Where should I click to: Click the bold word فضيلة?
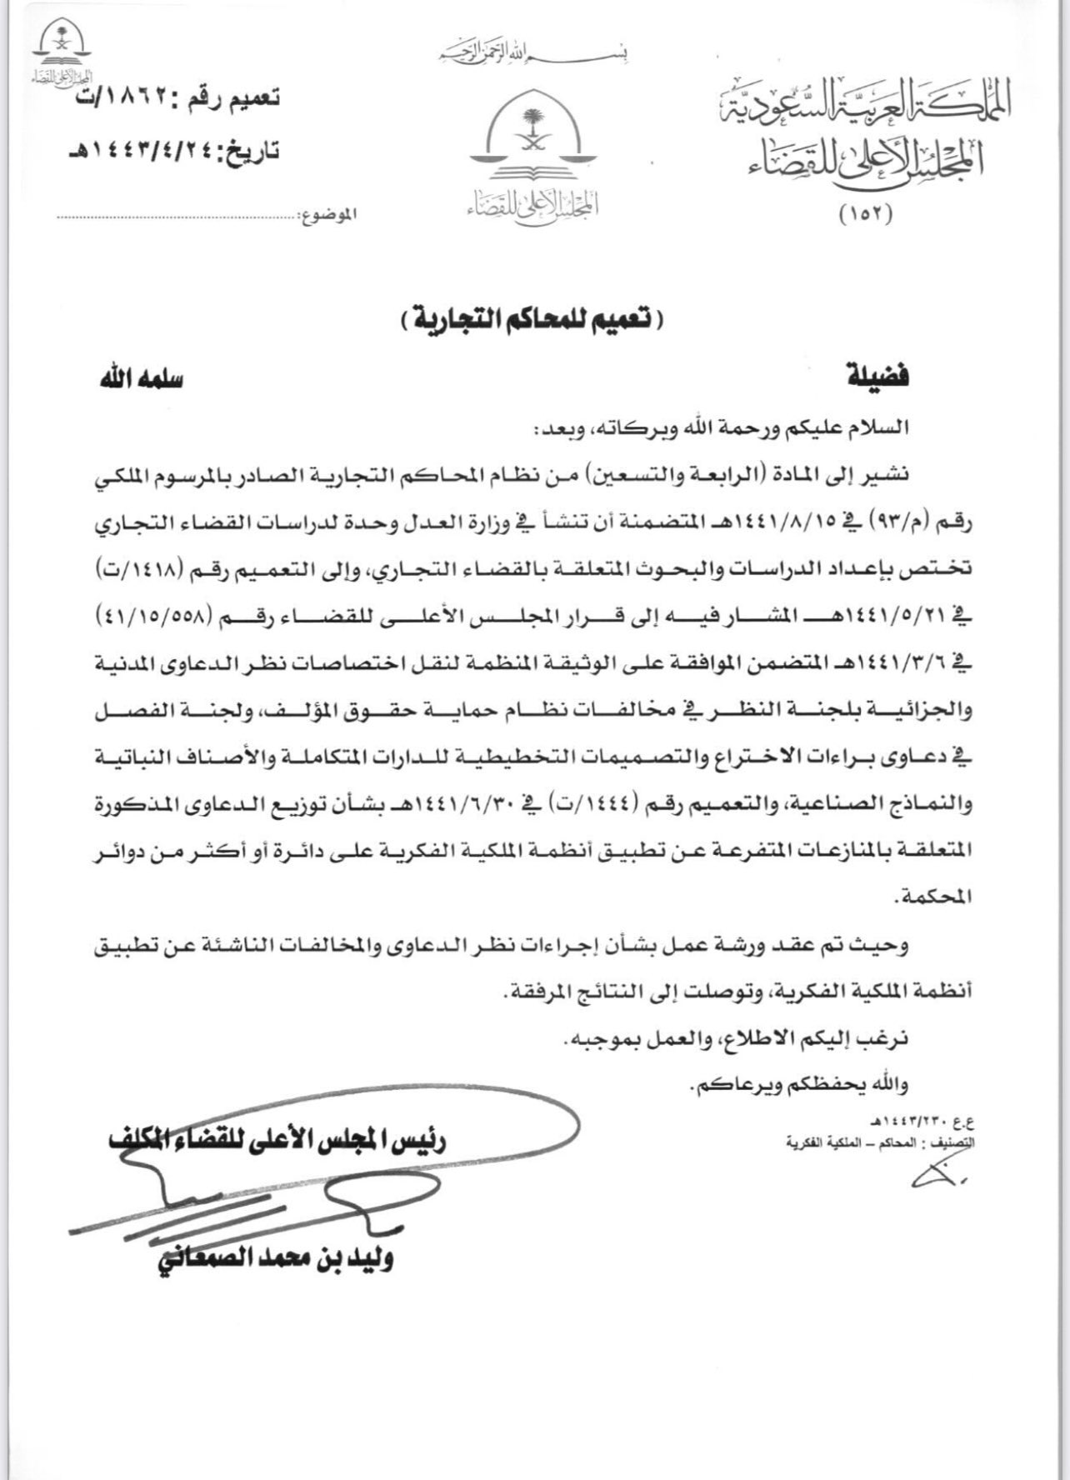877,377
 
